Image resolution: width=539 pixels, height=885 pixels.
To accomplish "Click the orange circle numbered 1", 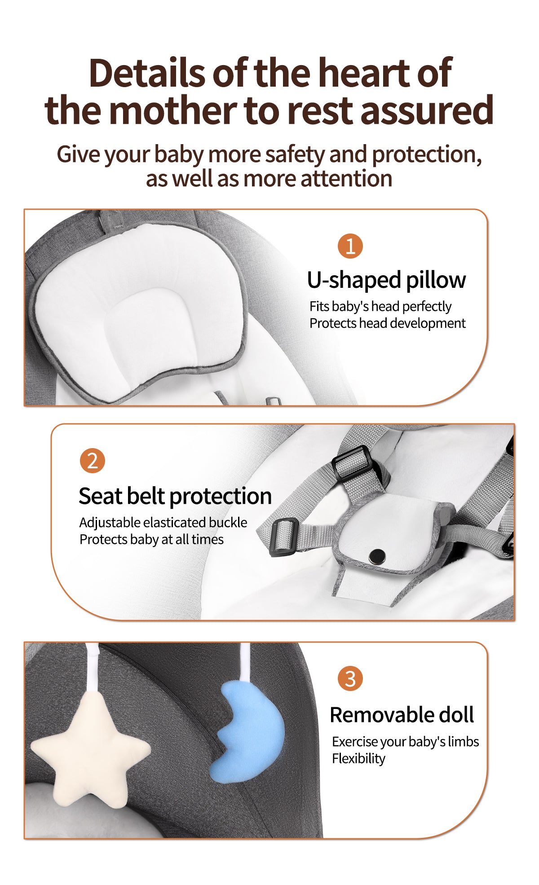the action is click(350, 246).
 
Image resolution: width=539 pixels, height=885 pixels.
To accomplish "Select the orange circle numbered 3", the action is click(350, 678).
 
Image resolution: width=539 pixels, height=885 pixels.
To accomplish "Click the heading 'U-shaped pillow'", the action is click(386, 280).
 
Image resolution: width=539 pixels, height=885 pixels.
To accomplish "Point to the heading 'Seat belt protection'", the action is click(175, 496).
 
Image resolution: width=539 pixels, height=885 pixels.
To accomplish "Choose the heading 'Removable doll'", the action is click(402, 714).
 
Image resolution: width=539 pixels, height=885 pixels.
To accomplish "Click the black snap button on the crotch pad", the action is click(377, 557).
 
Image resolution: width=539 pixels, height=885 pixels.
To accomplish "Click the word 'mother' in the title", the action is click(172, 110).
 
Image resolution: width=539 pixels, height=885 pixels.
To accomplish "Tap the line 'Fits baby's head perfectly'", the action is click(380, 307).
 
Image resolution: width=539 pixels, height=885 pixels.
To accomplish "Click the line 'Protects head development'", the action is click(388, 323).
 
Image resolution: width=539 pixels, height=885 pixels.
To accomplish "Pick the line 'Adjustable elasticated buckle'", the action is click(163, 523).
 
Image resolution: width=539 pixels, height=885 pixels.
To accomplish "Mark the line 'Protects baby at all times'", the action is click(152, 539).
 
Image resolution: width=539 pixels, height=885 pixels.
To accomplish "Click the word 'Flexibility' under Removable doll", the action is click(359, 758).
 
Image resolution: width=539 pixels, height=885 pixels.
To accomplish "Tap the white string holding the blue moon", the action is click(245, 662).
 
